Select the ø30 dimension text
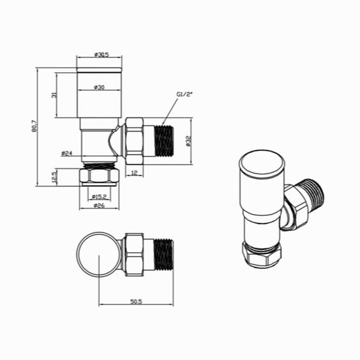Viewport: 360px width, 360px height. (99, 87)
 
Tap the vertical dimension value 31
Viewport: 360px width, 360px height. (55, 95)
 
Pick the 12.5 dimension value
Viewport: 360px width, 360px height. (55, 176)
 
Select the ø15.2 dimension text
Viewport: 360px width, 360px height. (99, 196)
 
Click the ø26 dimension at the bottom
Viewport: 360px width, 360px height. (99, 206)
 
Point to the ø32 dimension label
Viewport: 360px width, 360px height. (189, 142)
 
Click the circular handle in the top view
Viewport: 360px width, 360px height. (98, 254)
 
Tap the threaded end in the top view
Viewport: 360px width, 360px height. (163, 253)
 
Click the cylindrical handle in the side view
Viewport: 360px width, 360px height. (99, 96)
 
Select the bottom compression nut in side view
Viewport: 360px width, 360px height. (99, 176)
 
